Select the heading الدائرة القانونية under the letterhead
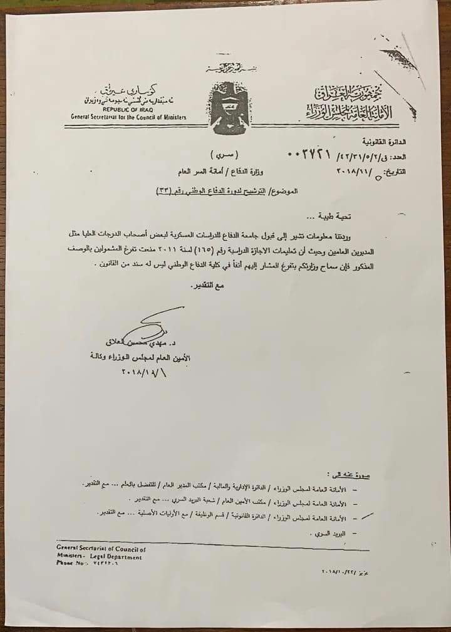[x=395, y=142]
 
